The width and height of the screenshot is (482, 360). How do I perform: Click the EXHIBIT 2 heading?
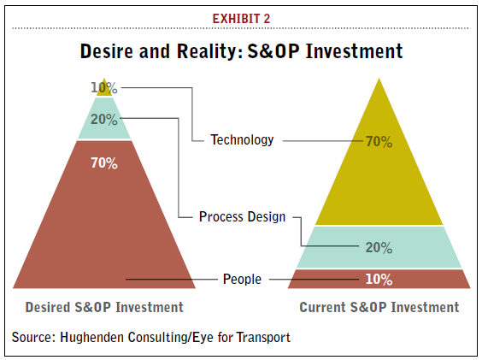pos(241,19)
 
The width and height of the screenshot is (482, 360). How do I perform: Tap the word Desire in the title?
pos(108,51)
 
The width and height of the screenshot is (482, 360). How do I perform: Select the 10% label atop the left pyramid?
pos(104,88)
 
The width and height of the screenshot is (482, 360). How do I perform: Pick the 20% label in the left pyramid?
pos(104,120)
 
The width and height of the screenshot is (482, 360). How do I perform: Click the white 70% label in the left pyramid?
pos(104,163)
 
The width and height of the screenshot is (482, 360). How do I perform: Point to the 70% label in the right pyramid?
pos(379,142)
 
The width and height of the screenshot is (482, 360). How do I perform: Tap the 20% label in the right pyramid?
pos(379,248)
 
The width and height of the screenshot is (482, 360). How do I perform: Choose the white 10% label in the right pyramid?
pos(379,280)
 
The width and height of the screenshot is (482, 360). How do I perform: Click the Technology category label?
pos(242,140)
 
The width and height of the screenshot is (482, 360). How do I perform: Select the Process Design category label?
pos(242,217)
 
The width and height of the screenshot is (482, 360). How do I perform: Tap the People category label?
pos(242,280)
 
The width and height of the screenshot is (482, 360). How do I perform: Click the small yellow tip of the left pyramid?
pos(104,91)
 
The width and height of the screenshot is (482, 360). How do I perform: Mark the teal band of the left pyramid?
pos(104,129)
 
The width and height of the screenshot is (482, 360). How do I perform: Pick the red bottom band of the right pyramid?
pos(379,279)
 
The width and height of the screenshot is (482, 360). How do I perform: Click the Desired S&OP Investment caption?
pos(104,307)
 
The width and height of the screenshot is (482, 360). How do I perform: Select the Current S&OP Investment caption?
pos(379,307)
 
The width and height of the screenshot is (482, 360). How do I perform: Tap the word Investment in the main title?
pos(354,51)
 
